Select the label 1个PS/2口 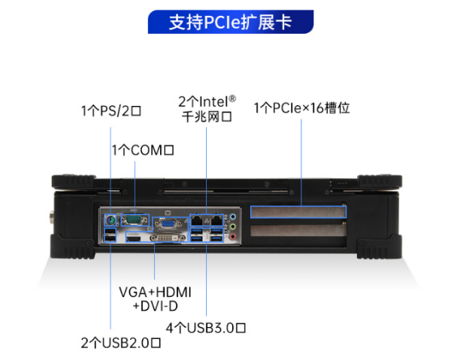pos(111,110)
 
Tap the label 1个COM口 pos(143,150)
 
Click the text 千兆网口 pos(206,116)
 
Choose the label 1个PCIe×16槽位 pos(301,108)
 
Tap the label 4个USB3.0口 pos(206,327)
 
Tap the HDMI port pos(135,237)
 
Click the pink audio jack pos(235,238)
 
